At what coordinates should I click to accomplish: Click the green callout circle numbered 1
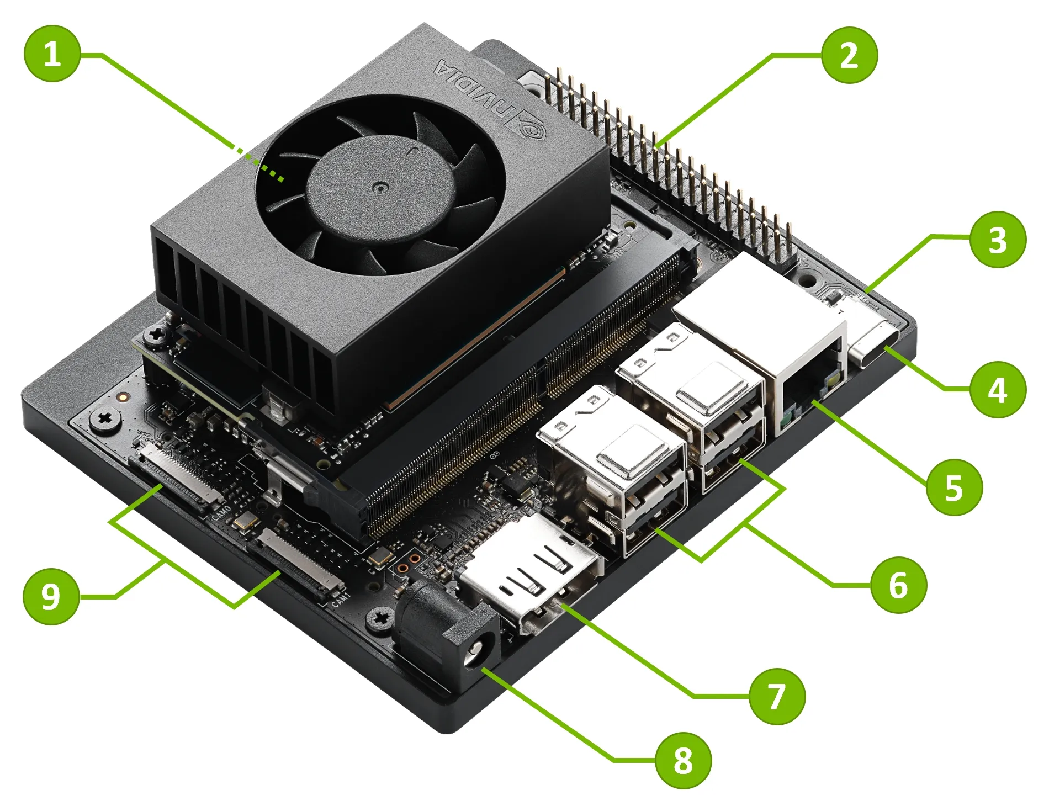(x=52, y=54)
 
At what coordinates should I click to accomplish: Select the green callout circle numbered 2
(x=849, y=55)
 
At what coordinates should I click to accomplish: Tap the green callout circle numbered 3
(x=998, y=240)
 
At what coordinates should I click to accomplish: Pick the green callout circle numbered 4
(x=998, y=390)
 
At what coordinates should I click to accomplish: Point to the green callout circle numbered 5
(x=954, y=487)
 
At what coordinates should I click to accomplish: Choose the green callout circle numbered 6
(x=898, y=585)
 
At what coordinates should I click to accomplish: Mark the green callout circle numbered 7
(x=777, y=696)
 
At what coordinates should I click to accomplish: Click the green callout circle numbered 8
(x=683, y=760)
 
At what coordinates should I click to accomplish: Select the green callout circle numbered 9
(x=51, y=596)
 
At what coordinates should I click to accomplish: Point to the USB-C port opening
(x=875, y=348)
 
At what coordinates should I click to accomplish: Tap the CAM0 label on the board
(x=221, y=512)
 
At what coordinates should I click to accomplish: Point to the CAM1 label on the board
(x=341, y=599)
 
